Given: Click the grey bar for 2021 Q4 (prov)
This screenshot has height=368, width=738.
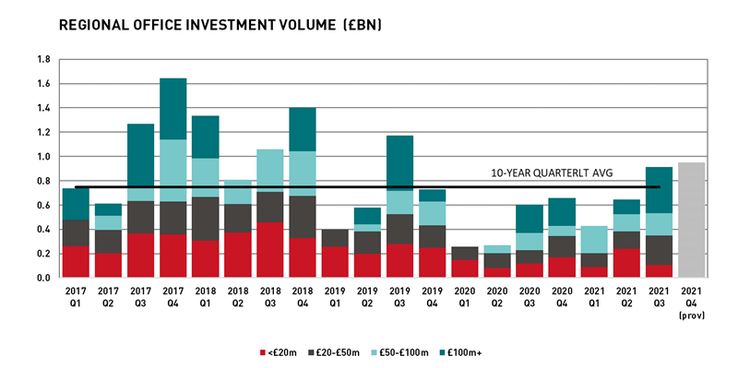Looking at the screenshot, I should tap(691, 220).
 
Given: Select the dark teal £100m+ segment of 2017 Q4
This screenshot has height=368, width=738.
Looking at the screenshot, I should tap(173, 109).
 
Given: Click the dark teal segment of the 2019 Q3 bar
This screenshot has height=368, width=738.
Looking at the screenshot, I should tap(399, 163).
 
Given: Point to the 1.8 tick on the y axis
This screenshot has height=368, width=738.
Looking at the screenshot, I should tap(42, 59).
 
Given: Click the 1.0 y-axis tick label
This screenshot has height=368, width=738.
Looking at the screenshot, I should tap(42, 156).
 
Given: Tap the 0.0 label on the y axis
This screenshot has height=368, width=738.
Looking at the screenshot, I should tap(42, 277).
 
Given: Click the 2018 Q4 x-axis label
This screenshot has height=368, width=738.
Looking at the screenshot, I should tap(302, 297).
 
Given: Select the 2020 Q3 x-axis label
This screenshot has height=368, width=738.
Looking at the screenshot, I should tap(528, 297).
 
